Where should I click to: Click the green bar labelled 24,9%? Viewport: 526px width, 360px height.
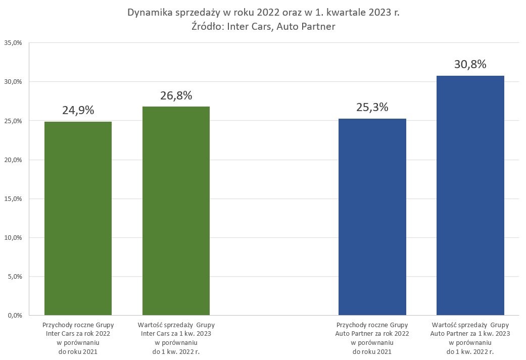coord(78,218)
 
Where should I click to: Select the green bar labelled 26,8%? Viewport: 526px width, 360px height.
coord(176,211)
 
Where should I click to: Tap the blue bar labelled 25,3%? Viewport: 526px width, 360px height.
coord(372,217)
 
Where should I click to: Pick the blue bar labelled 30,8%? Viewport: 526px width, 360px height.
coord(470,195)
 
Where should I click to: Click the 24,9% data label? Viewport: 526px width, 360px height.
coord(78,110)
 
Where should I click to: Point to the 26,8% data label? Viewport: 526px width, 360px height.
coord(176,95)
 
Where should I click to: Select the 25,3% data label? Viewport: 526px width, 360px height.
coord(372,107)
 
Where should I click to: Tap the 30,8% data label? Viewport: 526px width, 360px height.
coord(470,64)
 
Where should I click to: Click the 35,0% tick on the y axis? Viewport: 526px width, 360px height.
coord(13,43)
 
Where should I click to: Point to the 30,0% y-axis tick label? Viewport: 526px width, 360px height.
coord(13,82)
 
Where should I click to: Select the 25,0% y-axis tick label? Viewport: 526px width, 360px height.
coord(13,121)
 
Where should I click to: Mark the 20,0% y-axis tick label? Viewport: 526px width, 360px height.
coord(13,160)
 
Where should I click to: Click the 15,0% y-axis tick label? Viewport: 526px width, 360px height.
coord(13,198)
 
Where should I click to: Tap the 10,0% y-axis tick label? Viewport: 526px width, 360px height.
coord(13,237)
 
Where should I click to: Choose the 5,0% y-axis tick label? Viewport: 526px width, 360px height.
coord(14,276)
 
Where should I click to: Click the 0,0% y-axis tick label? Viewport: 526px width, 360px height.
coord(14,315)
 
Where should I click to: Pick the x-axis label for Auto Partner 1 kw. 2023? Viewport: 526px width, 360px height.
coord(470,338)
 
